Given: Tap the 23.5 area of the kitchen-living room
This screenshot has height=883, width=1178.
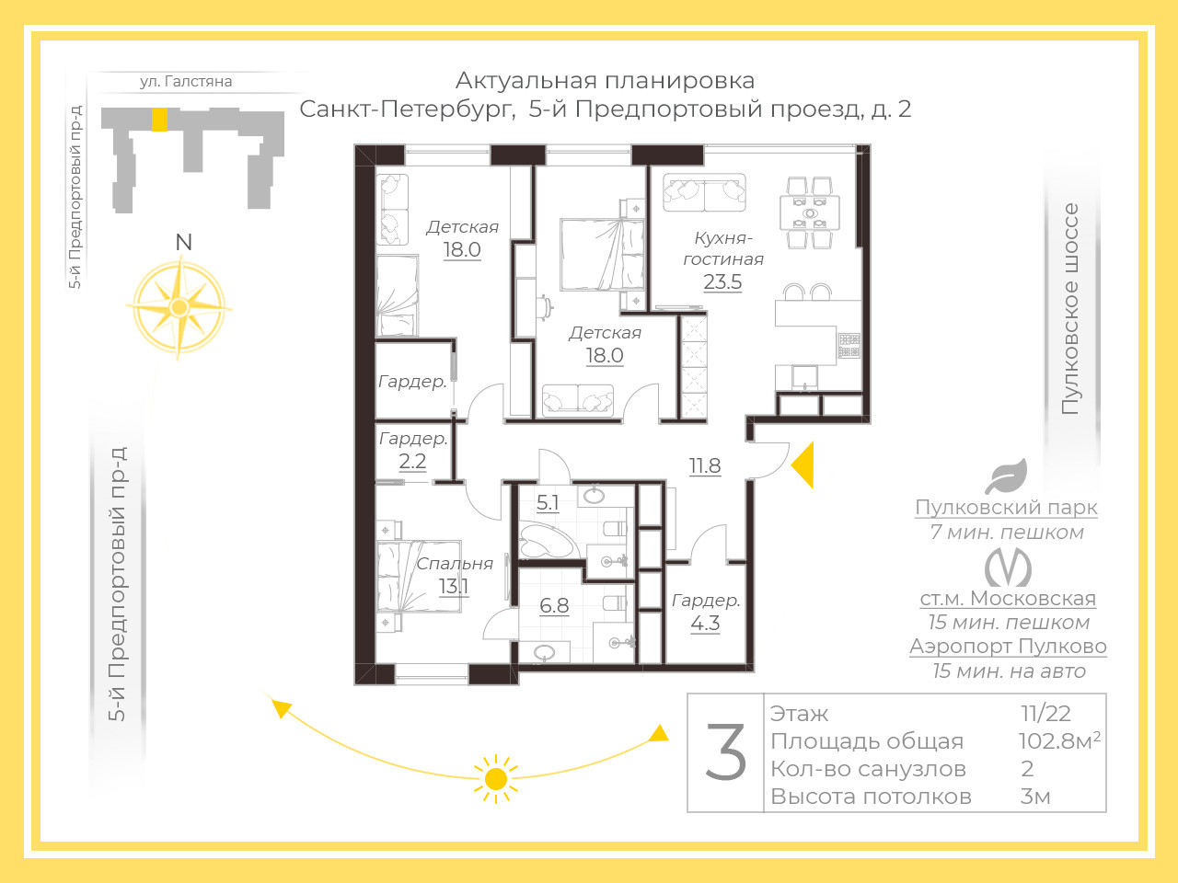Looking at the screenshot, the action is [x=722, y=281].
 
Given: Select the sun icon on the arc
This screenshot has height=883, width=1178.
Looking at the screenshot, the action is [x=495, y=779].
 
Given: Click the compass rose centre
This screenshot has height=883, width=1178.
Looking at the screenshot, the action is [x=179, y=307].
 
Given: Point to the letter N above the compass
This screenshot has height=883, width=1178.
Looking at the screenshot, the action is [x=183, y=242].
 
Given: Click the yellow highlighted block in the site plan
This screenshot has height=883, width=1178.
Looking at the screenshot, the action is [x=159, y=119].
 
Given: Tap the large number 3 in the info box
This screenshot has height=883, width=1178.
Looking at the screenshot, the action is [x=725, y=751].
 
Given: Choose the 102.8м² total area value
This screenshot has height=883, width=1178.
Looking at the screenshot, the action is [x=1059, y=741].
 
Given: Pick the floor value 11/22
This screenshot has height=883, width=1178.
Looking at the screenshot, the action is [x=1045, y=714].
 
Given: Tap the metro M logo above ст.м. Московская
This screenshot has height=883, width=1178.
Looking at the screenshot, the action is [x=1008, y=568].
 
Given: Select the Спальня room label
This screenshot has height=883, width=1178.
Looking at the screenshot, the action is [x=455, y=564].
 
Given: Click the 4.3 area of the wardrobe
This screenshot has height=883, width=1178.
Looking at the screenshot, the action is [x=705, y=624].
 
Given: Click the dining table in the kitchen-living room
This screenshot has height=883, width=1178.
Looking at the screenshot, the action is [x=809, y=212].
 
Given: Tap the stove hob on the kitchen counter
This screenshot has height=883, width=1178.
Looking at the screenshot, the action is [x=849, y=346].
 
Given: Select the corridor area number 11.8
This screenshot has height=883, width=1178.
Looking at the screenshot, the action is [x=705, y=466].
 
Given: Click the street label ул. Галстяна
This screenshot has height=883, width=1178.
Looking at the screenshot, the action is [x=186, y=82].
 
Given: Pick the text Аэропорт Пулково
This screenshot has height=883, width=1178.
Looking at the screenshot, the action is [x=1008, y=646].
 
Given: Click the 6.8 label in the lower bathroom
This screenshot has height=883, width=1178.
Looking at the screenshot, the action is [x=554, y=605].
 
